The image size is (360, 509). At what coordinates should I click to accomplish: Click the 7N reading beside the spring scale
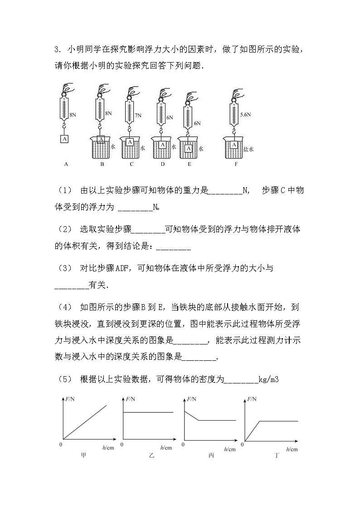pos(138,116)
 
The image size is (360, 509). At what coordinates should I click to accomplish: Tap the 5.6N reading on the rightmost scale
pos(245,115)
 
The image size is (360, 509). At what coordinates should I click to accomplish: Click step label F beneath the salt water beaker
pos(236,165)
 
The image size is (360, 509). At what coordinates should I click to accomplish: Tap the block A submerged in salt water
pos(234,145)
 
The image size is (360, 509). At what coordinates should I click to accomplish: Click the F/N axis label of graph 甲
pos(70,399)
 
